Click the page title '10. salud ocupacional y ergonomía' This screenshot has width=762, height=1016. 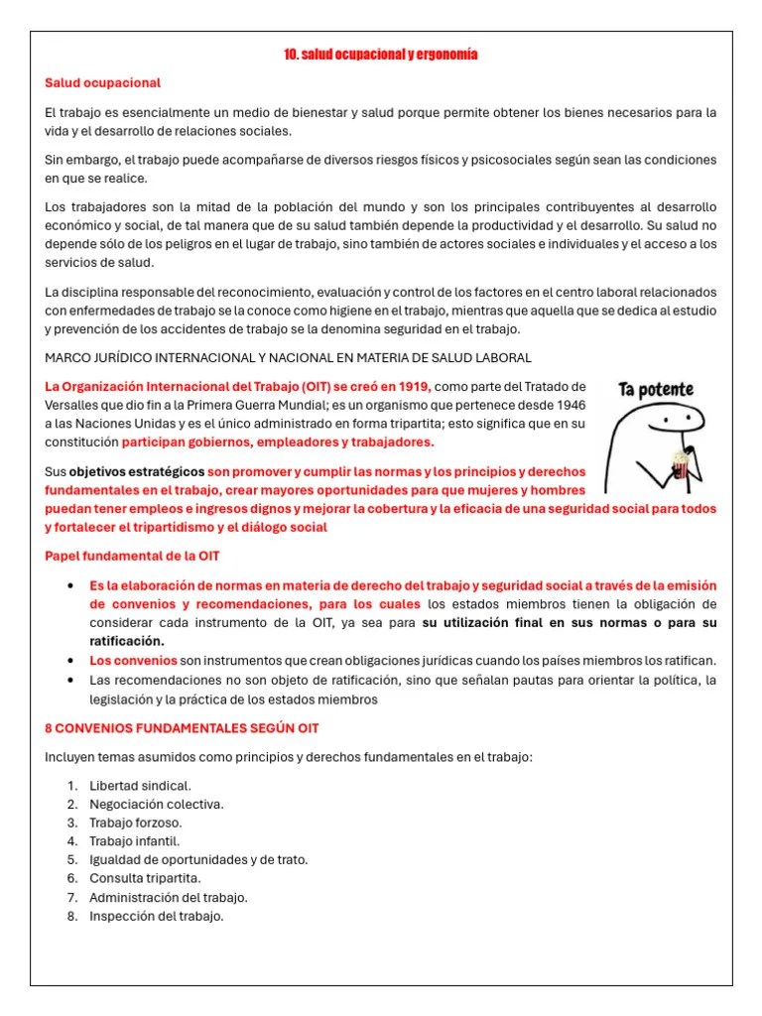click(381, 55)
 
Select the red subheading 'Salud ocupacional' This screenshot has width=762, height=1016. click(102, 83)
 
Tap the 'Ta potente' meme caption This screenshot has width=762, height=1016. click(656, 389)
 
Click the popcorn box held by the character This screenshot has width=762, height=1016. click(680, 460)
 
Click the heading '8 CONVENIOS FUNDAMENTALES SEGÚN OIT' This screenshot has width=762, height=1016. click(182, 728)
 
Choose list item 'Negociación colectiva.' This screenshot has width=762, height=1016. click(157, 805)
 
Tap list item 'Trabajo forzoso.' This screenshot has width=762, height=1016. click(136, 823)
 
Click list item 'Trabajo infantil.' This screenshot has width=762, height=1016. click(135, 841)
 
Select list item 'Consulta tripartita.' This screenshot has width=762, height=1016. click(145, 878)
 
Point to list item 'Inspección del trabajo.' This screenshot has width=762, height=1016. click(157, 916)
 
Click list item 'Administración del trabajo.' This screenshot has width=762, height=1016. click(169, 897)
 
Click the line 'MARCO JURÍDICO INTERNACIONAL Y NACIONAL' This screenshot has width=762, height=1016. click(288, 357)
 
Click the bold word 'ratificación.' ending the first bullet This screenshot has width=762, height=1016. click(127, 641)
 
